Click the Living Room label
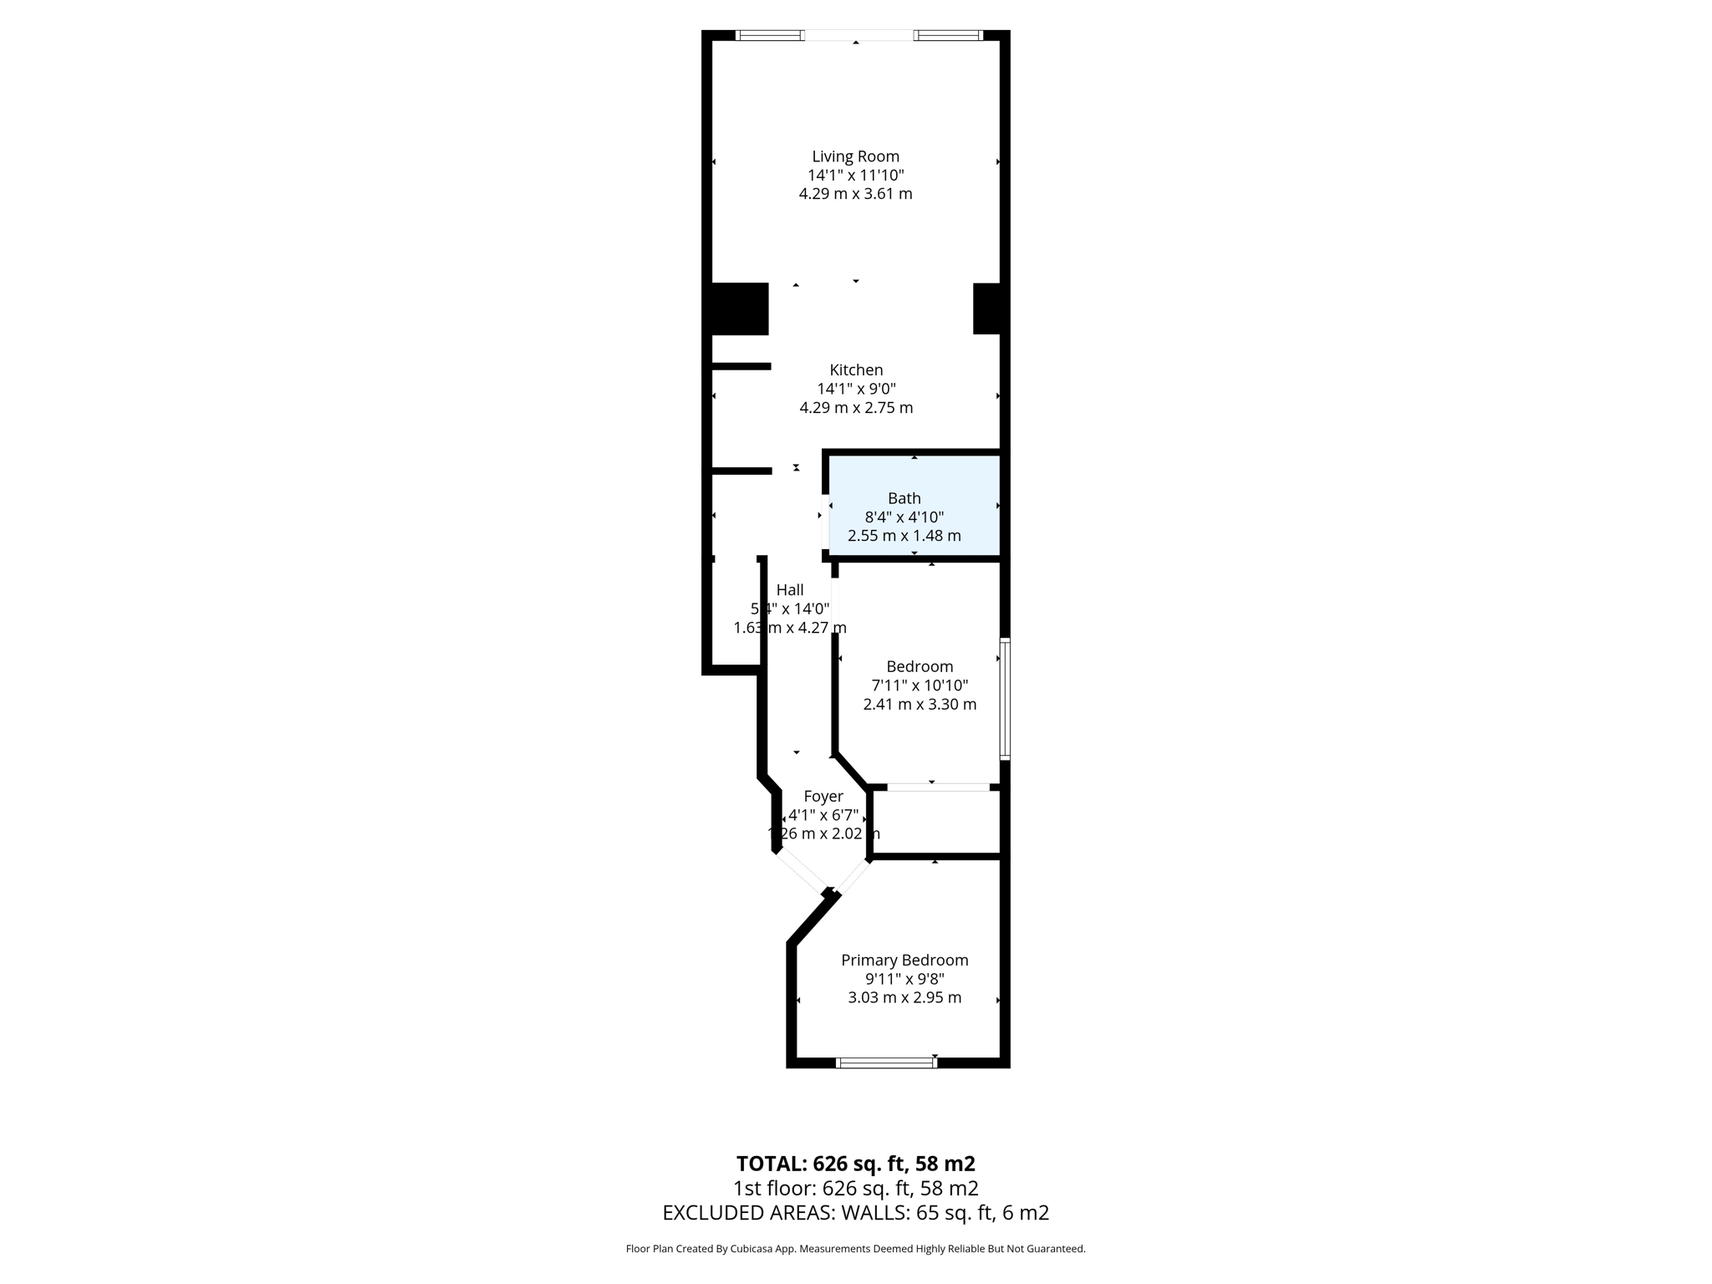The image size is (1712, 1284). (855, 156)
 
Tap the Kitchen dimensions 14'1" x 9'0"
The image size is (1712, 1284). (856, 389)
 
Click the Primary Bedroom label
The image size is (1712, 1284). (904, 960)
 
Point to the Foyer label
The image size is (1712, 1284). (823, 796)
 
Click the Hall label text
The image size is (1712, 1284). (790, 589)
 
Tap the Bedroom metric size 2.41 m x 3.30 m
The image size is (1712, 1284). (920, 704)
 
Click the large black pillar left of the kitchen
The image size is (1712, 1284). (739, 309)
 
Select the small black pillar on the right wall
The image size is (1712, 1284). (987, 309)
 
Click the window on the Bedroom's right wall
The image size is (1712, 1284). (1006, 699)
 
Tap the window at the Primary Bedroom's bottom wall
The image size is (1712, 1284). (886, 1062)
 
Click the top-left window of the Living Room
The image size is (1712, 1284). (769, 35)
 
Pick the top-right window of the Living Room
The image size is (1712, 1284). (947, 35)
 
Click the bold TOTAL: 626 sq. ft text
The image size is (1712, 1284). (855, 1163)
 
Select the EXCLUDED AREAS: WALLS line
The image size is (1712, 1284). (855, 1212)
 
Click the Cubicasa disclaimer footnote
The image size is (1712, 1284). (855, 1249)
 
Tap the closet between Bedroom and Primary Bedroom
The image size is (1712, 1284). (936, 823)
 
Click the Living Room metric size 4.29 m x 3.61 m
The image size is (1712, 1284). (855, 194)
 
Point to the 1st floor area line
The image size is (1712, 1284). (855, 1188)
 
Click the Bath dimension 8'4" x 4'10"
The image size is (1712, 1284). (904, 517)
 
